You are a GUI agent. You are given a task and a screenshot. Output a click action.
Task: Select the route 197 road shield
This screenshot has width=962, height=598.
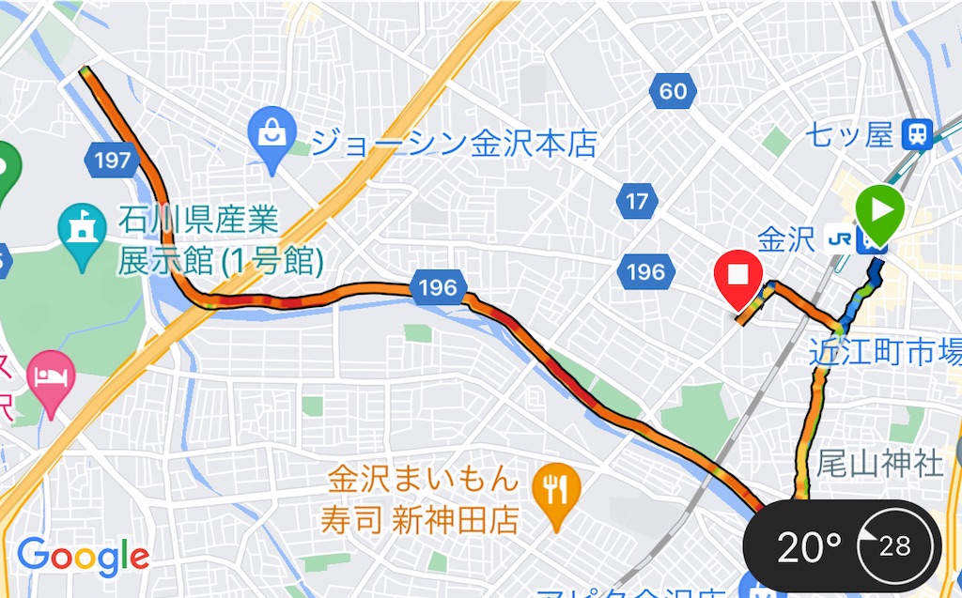tap(112, 160)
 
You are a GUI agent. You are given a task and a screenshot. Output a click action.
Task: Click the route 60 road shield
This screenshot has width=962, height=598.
tap(673, 91)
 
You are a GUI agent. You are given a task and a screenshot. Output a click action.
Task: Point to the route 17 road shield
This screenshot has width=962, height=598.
tap(637, 201)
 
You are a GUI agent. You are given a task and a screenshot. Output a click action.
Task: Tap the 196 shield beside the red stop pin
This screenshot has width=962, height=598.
tap(645, 272)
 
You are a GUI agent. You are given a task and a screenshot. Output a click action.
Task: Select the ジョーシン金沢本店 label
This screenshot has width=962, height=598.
tap(454, 144)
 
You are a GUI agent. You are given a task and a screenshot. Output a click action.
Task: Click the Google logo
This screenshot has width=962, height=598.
tap(83, 557)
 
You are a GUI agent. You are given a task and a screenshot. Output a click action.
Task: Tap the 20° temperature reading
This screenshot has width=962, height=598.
tap(808, 546)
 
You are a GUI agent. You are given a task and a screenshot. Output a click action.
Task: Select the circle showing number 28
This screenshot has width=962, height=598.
tap(895, 546)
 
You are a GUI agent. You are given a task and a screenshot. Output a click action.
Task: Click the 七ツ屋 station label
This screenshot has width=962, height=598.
tap(848, 135)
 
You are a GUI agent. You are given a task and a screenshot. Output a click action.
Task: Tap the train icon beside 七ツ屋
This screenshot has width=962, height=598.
tap(915, 135)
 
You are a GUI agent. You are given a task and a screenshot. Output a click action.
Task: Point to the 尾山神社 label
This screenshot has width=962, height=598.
tap(879, 463)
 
